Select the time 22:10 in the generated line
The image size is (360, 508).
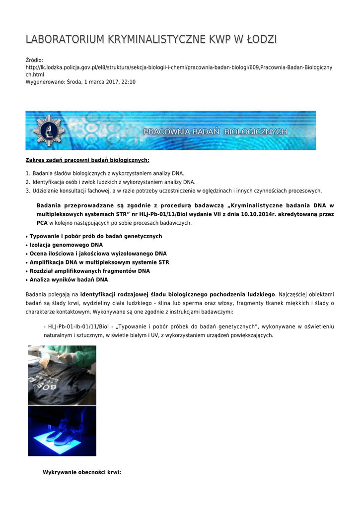(x=128, y=82)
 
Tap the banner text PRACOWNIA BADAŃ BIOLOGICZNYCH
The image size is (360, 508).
(x=215, y=132)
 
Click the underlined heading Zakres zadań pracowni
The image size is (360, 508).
(x=87, y=160)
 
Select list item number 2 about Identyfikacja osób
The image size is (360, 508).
(x=114, y=182)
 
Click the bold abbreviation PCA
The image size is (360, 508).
(x=42, y=223)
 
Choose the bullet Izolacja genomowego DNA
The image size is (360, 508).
(x=66, y=245)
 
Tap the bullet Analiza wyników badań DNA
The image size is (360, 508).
(x=69, y=280)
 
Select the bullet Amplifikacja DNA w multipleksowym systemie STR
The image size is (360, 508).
(x=99, y=262)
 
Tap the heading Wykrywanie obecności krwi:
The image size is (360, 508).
(x=82, y=472)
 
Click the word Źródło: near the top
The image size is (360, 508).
(x=35, y=60)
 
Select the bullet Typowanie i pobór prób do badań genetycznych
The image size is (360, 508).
(x=96, y=236)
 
